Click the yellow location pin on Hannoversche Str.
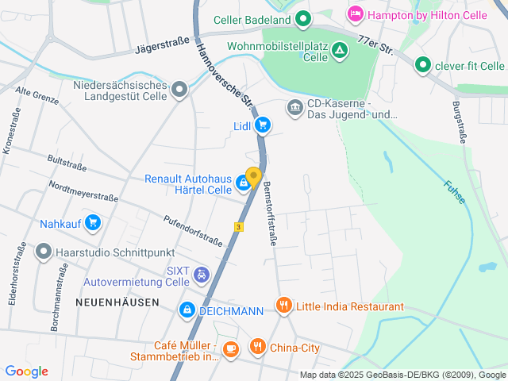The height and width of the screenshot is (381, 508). coord(253,177)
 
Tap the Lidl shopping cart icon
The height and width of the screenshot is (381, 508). coord(263,125)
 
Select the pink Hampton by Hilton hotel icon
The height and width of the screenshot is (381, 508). coord(355,13)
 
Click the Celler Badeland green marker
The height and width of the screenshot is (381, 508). coord(302,18)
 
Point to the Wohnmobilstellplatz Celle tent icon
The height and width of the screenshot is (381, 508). coord(340,52)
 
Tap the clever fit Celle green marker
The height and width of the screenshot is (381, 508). coord(423,65)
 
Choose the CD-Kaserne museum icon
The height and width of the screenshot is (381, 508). coord(295,106)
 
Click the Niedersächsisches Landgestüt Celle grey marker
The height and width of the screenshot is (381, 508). coord(180,89)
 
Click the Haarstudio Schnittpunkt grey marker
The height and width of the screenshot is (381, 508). coord(43,253)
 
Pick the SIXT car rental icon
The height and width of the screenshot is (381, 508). coord(202,275)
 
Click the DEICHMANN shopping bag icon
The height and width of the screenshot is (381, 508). coord(187,310)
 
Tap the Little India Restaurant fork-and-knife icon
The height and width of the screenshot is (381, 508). coord(283,306)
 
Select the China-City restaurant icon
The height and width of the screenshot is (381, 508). coord(257,347)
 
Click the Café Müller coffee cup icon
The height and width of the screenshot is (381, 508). coord(230,348)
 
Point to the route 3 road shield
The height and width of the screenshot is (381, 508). coord(237,226)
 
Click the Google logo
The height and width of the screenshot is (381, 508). coord(26,371)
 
